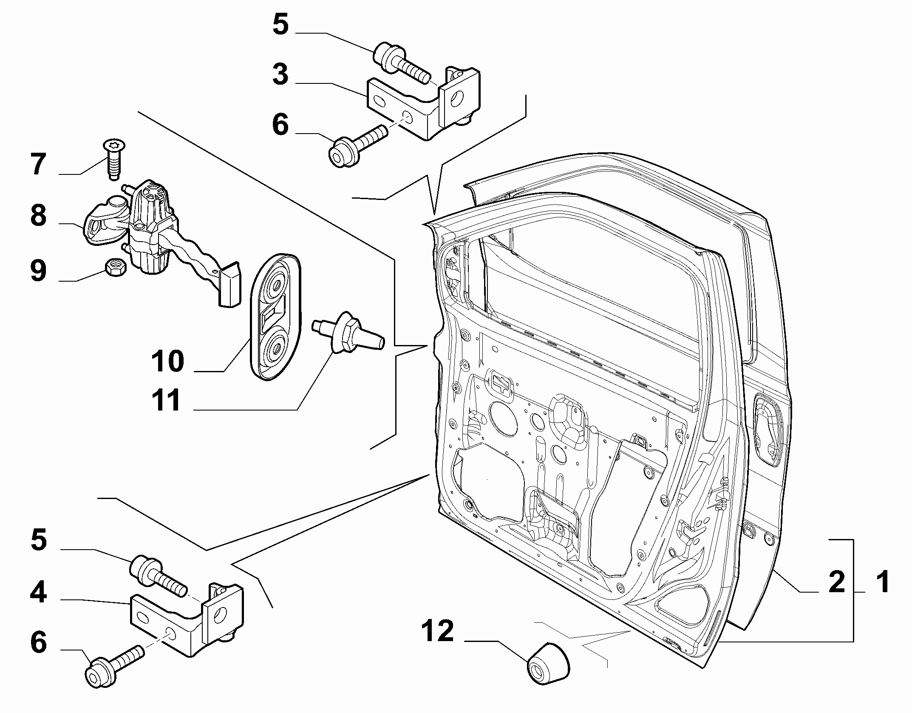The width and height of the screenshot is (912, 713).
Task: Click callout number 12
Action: point(438,631)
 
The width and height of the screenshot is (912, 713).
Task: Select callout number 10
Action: point(168,361)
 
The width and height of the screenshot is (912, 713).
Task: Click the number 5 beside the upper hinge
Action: point(280,24)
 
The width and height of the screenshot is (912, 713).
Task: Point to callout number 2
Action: point(837,582)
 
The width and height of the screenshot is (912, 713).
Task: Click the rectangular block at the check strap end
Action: point(229,284)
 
